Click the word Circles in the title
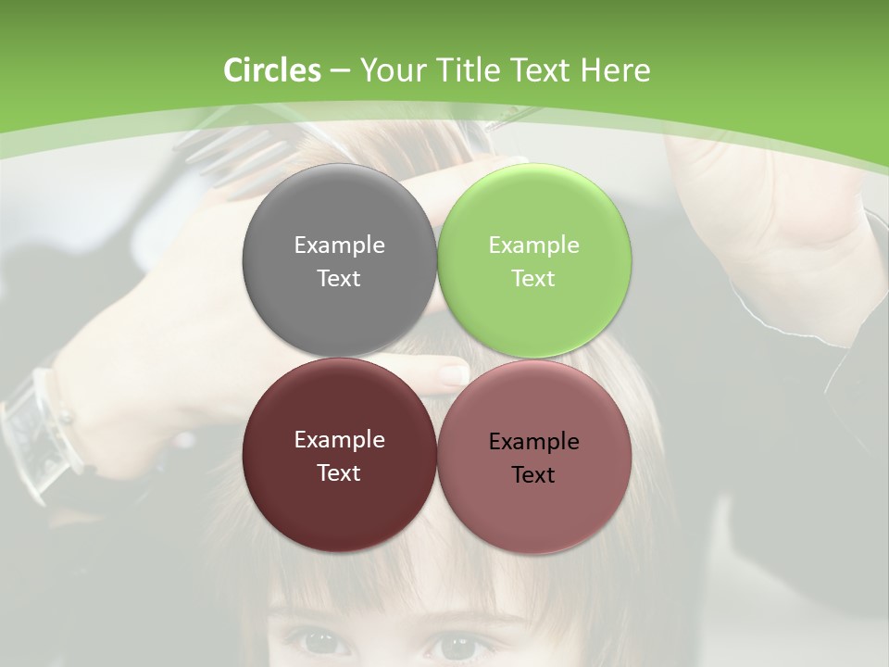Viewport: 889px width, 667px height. [x=271, y=70]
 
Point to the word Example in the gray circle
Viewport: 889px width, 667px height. [x=339, y=245]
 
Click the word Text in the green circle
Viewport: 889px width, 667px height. [x=533, y=278]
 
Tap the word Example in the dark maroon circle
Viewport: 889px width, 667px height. [x=339, y=439]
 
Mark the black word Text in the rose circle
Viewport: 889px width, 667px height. [x=533, y=474]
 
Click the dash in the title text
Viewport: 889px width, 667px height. [x=340, y=70]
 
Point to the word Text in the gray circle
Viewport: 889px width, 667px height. [x=339, y=278]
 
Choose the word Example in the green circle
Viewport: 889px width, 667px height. [x=533, y=245]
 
